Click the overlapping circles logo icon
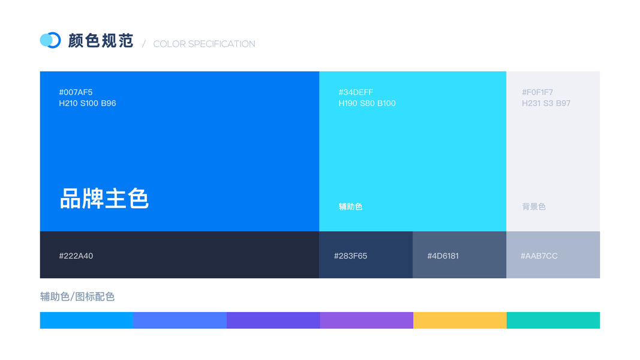tap(50, 40)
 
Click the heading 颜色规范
tap(101, 40)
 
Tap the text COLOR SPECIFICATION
tap(204, 44)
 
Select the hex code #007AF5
tap(76, 92)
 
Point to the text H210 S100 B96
tap(88, 103)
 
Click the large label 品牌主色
tap(104, 199)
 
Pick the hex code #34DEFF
tap(356, 92)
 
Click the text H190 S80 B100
tap(367, 103)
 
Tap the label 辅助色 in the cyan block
tap(351, 206)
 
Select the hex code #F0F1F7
tap(537, 92)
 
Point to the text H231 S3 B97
tap(546, 103)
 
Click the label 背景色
tap(534, 206)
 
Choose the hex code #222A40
tap(76, 256)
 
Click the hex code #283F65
tap(351, 256)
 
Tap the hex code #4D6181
tap(443, 256)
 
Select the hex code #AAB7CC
tap(539, 256)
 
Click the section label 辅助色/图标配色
tap(77, 297)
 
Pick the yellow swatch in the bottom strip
tap(460, 320)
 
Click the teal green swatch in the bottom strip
tap(553, 320)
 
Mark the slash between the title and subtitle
tap(144, 44)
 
